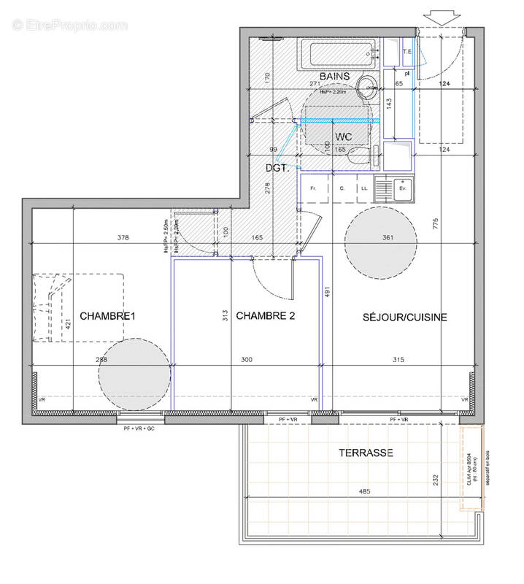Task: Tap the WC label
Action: click(x=344, y=137)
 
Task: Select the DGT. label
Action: click(x=277, y=167)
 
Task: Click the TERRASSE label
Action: click(x=366, y=453)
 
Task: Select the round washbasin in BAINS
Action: click(x=368, y=85)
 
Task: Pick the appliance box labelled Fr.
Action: click(x=312, y=189)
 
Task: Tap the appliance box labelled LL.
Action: click(x=363, y=189)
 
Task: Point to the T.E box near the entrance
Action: click(x=407, y=52)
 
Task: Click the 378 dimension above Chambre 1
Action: click(x=124, y=237)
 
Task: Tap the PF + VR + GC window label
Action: click(x=142, y=428)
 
